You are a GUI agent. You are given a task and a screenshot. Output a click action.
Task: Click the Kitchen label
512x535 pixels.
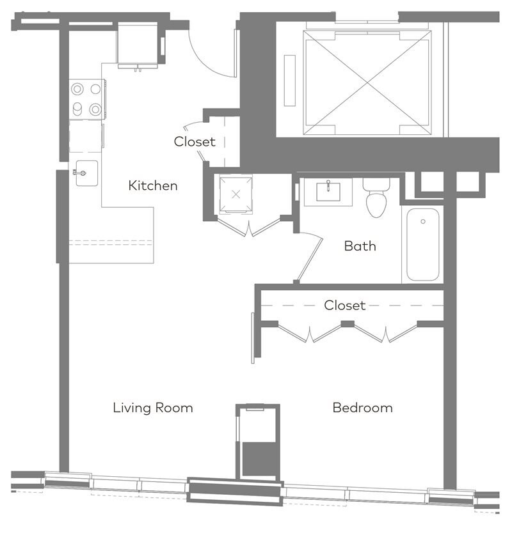tap(153, 185)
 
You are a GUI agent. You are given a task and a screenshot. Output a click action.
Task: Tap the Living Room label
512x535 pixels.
tap(153, 408)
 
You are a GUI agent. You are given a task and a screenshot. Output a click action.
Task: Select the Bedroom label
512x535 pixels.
tap(362, 408)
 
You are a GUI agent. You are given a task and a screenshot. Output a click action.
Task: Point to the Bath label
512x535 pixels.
tap(360, 246)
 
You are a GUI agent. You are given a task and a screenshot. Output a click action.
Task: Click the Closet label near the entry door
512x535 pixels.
tap(195, 142)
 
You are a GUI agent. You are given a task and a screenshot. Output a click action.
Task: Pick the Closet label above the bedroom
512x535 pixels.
tap(344, 306)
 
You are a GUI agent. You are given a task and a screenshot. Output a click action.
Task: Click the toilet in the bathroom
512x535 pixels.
tap(376, 198)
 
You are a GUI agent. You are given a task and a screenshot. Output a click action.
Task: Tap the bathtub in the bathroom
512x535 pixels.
tap(423, 244)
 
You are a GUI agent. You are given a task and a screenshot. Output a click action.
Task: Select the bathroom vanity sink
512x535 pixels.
tap(328, 192)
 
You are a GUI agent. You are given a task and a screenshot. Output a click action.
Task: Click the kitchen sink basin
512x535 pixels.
tap(87, 173)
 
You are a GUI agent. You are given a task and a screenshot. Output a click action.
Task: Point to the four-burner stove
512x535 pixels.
tap(87, 99)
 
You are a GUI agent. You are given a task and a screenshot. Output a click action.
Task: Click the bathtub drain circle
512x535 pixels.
tap(423, 221)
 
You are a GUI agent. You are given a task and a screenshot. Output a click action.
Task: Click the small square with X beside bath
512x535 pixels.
tap(236, 194)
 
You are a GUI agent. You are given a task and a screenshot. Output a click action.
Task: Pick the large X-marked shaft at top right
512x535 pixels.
tap(367, 83)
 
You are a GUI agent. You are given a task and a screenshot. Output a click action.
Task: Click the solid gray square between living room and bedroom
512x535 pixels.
tap(259, 459)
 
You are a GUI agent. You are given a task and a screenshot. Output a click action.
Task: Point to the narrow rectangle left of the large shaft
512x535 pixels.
tap(290, 81)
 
